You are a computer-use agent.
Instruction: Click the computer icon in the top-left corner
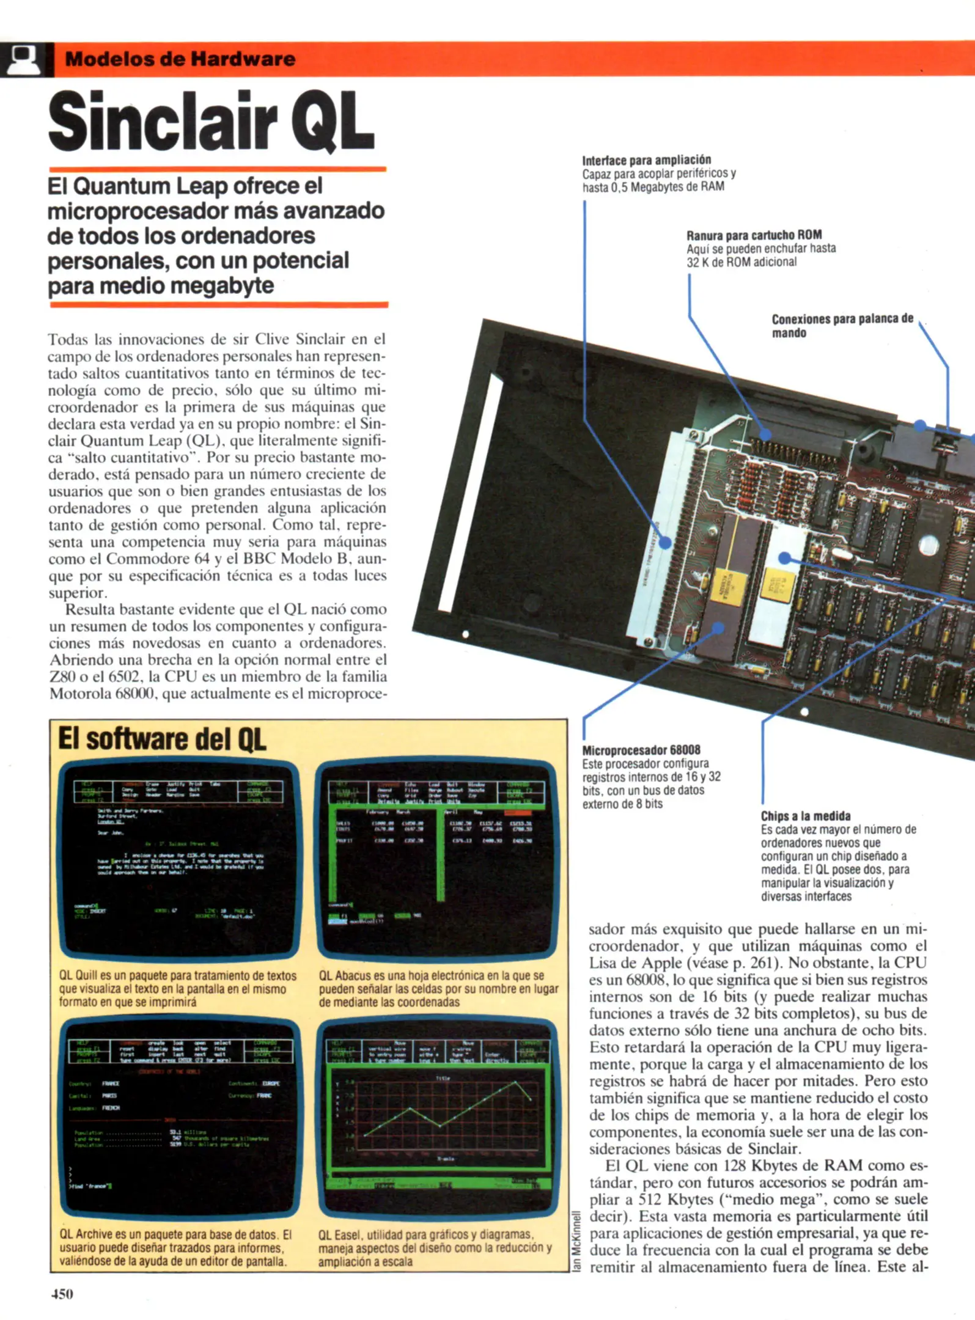pos(24,59)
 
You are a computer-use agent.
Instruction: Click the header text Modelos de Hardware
pos(180,59)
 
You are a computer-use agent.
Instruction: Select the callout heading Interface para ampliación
pos(646,161)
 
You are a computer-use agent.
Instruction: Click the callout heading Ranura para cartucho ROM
pos(754,235)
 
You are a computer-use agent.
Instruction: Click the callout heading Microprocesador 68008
pos(641,750)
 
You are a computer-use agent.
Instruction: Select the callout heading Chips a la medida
pos(805,816)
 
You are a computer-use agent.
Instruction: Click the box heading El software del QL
pos(162,739)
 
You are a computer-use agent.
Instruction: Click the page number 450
pos(62,1294)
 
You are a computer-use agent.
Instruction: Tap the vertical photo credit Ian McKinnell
pos(575,1241)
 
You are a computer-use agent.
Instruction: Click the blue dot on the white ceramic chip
pos(785,557)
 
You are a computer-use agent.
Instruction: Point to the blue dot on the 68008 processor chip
pos(718,628)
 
